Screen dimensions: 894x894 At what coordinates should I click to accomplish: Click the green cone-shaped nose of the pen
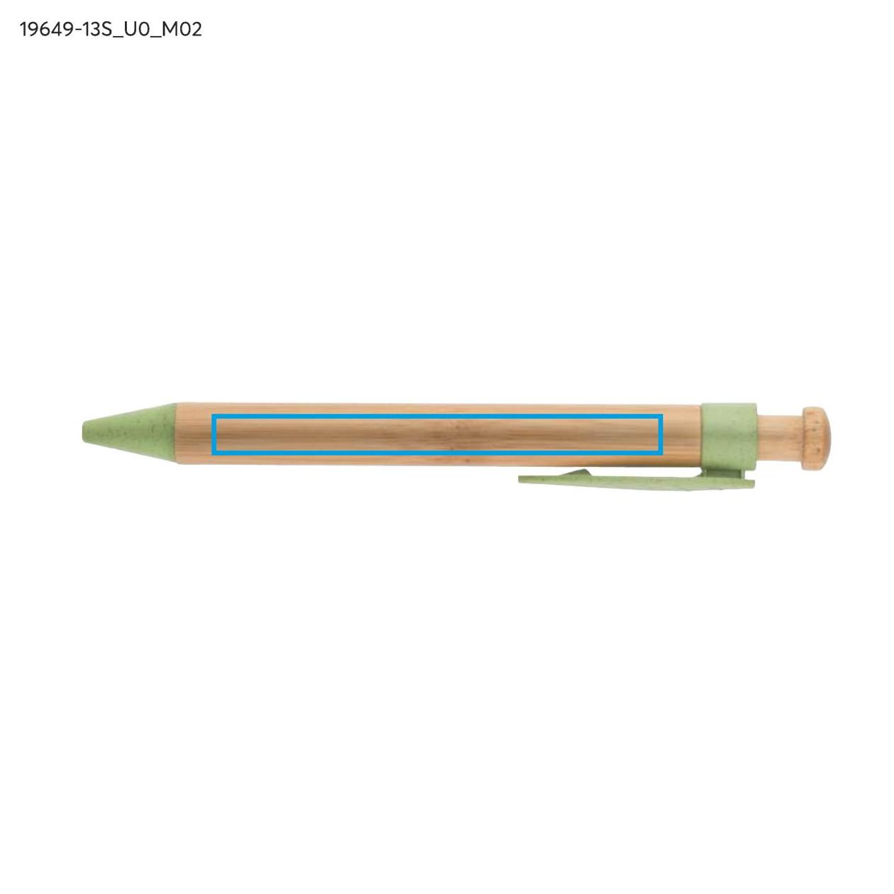pos(129,433)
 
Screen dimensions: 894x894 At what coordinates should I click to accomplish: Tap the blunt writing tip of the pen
pos(84,433)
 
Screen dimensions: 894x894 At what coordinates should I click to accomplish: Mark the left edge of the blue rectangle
pos(213,434)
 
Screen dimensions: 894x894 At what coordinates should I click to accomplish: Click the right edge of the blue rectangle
pos(661,434)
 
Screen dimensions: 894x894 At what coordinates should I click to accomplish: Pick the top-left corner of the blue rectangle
pos(212,416)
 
